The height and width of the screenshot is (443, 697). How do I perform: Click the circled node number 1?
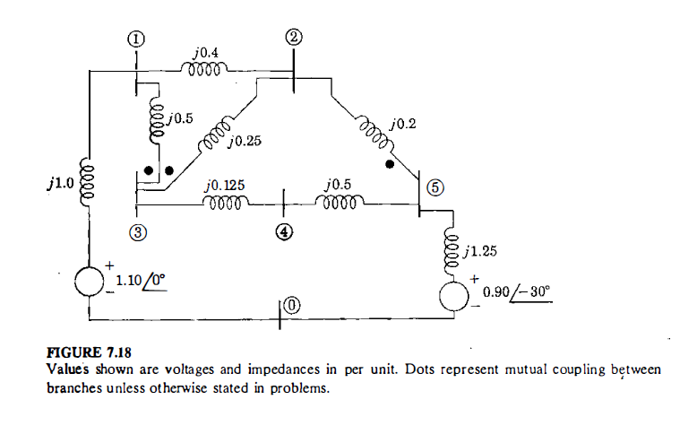pos(136,39)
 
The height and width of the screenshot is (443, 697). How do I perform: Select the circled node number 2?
pos(295,37)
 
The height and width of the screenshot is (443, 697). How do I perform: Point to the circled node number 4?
pos(284,230)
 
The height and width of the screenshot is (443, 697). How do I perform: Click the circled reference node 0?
pos(292,308)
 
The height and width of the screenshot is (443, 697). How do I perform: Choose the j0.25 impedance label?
pos(245,141)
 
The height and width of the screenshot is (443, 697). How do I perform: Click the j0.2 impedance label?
pos(403,123)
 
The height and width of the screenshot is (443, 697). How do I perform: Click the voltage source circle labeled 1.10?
pos(90,282)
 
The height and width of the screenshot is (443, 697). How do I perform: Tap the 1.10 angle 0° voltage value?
pos(141,282)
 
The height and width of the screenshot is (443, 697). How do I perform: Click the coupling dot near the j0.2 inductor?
pos(389,164)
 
